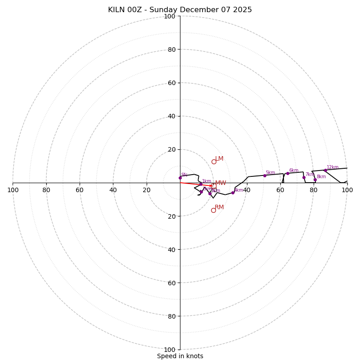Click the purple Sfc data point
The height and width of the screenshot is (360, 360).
180,178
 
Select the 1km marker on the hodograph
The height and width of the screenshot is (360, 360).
201,184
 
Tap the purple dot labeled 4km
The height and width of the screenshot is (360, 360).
233,193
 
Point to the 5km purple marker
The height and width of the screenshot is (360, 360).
265,175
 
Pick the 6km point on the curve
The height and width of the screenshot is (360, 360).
288,173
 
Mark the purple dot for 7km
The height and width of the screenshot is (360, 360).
304,177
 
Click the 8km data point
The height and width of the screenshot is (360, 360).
315,180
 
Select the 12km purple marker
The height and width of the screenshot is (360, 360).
325,170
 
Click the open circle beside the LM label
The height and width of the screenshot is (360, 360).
214,162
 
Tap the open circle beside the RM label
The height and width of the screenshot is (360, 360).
213,210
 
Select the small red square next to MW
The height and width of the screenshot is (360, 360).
214,186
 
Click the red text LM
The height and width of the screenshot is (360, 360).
219,159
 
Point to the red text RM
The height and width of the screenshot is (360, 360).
219,207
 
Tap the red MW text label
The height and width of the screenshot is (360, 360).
220,183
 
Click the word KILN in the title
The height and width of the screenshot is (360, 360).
117,10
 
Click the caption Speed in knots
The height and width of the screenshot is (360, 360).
180,356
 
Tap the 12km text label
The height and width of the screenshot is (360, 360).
333,167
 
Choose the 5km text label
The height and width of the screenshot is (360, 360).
270,173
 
